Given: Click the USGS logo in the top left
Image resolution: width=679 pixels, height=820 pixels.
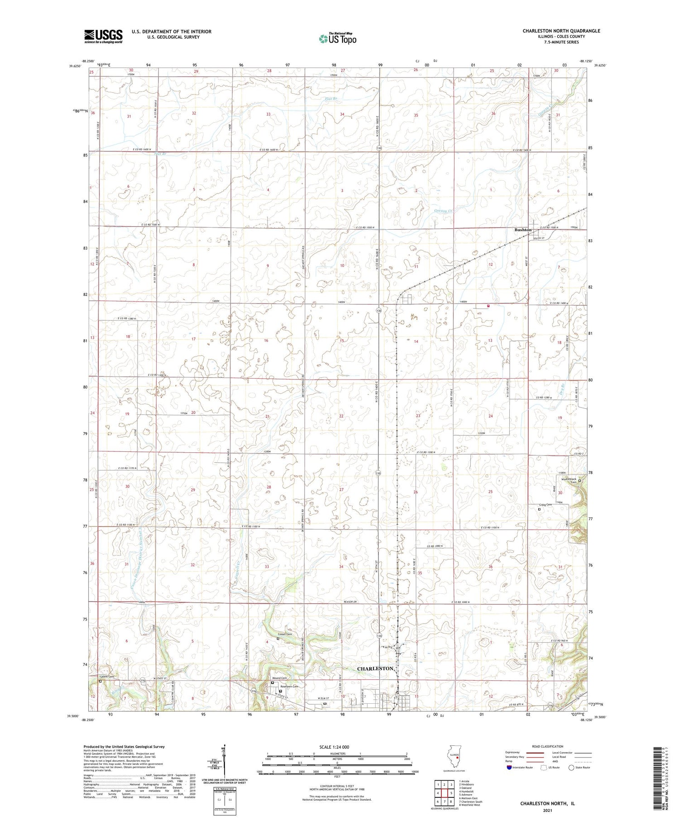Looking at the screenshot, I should [103, 36].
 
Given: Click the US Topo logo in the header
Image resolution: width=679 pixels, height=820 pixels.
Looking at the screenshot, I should [337, 38].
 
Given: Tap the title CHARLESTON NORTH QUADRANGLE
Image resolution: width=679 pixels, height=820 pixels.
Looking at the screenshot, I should [561, 31].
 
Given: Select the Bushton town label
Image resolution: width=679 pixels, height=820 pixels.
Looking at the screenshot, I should [523, 230].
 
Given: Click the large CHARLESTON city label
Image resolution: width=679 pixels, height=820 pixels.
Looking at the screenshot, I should [375, 668].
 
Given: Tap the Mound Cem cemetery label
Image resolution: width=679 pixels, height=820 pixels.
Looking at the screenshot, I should [279, 678].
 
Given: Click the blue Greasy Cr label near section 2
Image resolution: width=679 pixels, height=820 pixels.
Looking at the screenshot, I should [443, 211].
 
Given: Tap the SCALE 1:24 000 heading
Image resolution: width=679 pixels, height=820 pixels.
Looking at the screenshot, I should [337, 747].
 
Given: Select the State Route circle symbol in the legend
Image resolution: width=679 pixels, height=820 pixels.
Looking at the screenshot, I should [571, 767].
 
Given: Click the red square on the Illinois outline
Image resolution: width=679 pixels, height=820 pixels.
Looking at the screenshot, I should [458, 755].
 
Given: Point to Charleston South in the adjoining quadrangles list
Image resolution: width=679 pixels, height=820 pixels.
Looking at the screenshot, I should [470, 801].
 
